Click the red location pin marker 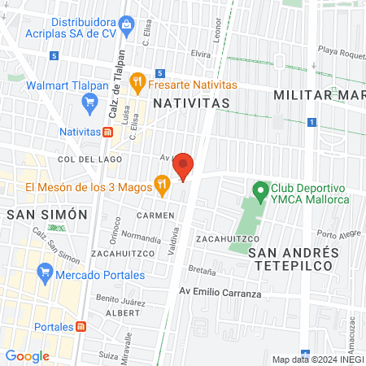click(x=184, y=166)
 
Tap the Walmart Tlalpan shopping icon click(x=89, y=102)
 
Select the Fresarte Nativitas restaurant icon click(x=139, y=83)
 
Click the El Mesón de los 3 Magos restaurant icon click(x=162, y=185)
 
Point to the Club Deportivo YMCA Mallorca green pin click(x=260, y=192)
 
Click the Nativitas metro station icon click(x=107, y=131)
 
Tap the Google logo click(x=27, y=356)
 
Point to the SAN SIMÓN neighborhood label click(x=46, y=215)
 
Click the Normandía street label click(x=141, y=238)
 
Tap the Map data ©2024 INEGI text click(x=317, y=359)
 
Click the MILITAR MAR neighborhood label click(x=319, y=95)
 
